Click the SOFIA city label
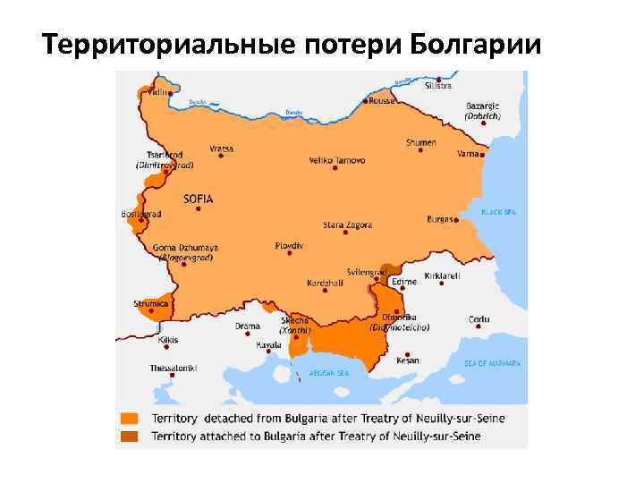tap(199, 199)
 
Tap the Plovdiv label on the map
tap(290, 245)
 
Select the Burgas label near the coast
tap(440, 218)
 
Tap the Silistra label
tap(438, 86)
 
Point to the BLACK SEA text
tap(498, 212)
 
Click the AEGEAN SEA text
tap(329, 372)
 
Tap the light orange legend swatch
tap(130, 418)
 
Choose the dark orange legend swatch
tap(130, 436)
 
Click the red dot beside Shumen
tap(419, 153)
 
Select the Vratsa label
tap(222, 147)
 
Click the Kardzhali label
tap(323, 283)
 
